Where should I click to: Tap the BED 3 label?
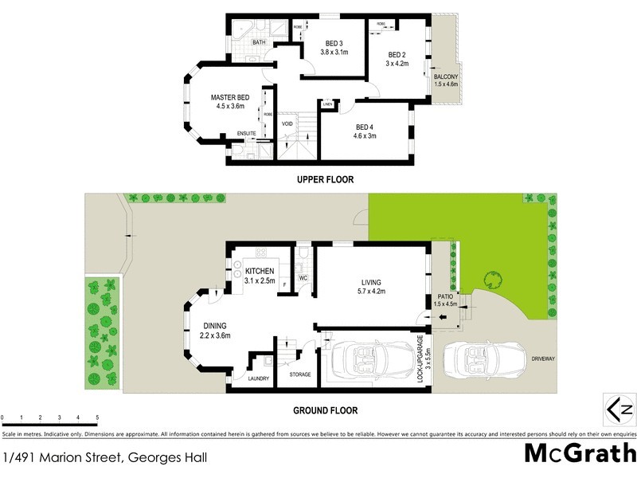[x=334, y=43]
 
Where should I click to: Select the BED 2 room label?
[x=397, y=55]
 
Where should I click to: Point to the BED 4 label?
[x=365, y=127]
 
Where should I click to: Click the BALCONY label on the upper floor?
[x=446, y=76]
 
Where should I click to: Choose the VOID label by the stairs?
[x=287, y=123]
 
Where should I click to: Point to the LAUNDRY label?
[x=258, y=378]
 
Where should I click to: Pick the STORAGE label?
[x=300, y=374]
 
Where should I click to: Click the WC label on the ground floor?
[x=303, y=278]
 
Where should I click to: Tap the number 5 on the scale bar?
[x=97, y=417]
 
